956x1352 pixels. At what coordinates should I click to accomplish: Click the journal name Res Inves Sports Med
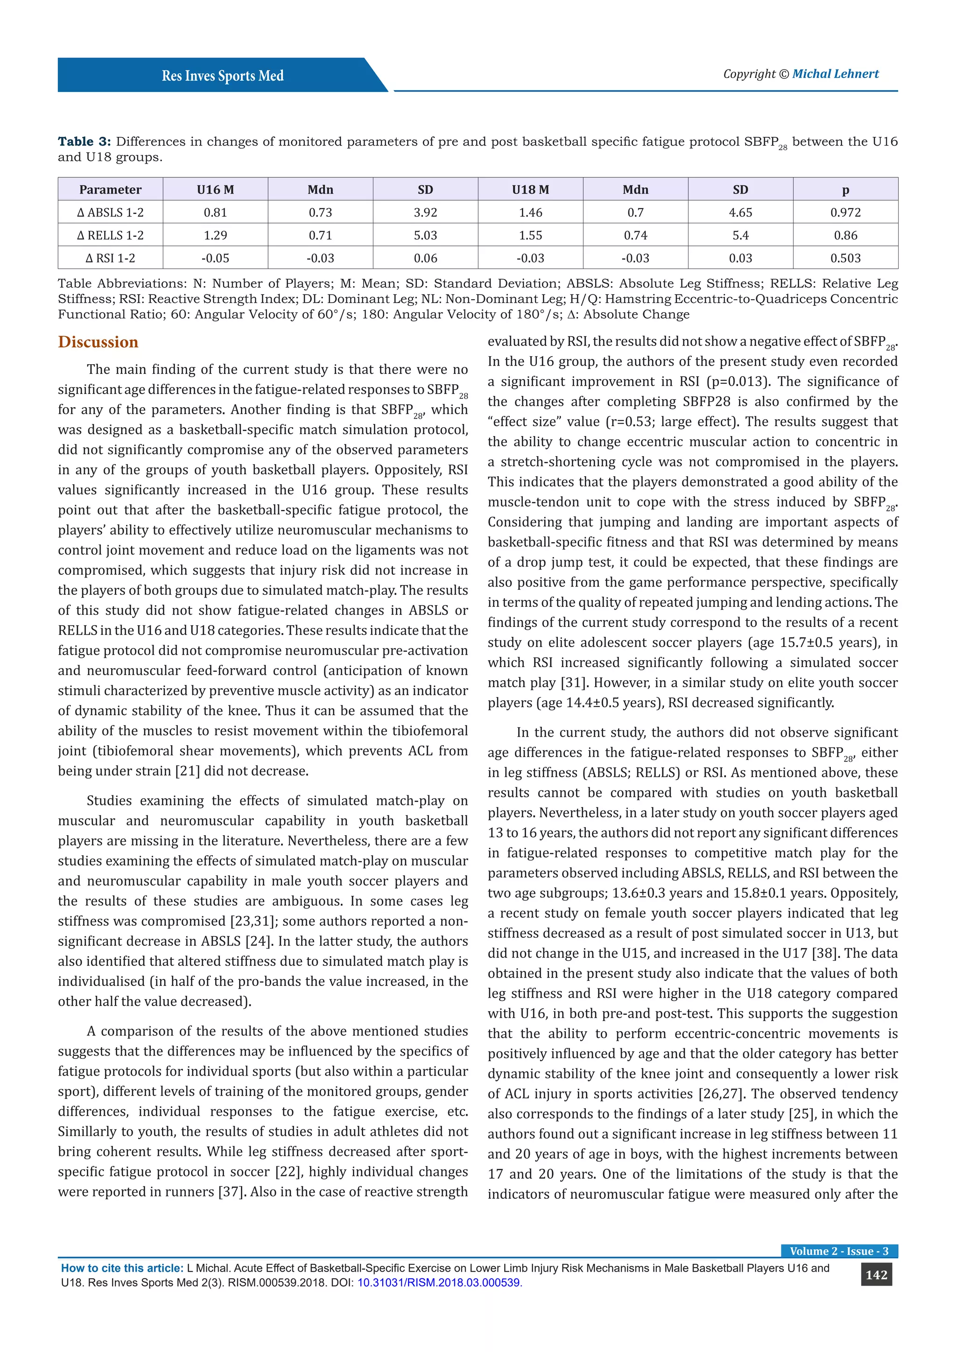pos(223,76)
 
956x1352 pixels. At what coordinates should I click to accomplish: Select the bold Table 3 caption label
pos(84,141)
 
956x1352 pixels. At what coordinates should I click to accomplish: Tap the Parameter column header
pos(110,190)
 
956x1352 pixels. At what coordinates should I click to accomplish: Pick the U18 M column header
pos(530,190)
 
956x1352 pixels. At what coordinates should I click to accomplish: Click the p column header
pos(845,190)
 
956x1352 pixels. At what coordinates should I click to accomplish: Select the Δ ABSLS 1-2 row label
pos(110,212)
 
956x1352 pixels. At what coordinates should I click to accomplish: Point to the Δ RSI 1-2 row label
pos(110,258)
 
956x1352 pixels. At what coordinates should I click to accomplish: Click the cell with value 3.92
pos(425,212)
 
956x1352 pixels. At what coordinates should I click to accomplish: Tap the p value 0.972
pos(845,212)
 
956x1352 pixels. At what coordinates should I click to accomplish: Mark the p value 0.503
pos(845,258)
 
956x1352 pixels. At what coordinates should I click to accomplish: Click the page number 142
pos(876,1275)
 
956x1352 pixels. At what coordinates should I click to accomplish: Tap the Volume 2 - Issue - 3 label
pos(839,1251)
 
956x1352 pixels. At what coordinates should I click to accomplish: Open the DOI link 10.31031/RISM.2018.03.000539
pos(439,1282)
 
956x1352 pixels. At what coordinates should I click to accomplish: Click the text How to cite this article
pos(122,1268)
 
